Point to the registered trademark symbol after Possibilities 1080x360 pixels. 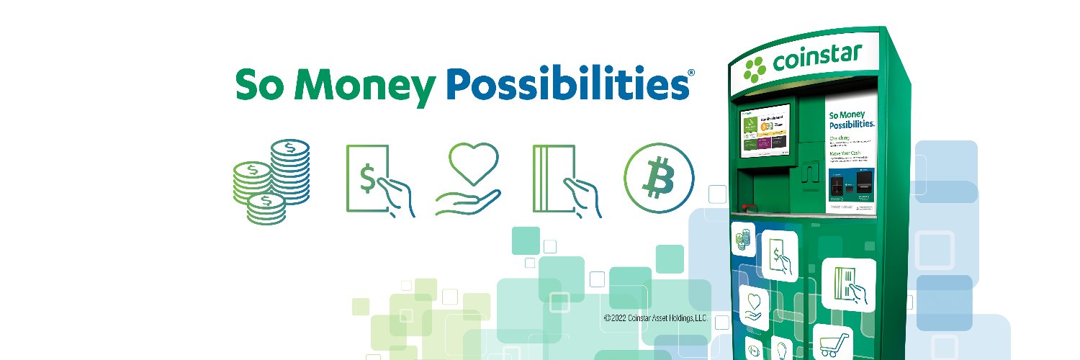(x=691, y=73)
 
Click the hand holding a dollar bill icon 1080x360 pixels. (x=379, y=180)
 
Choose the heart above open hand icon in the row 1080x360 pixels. (x=467, y=179)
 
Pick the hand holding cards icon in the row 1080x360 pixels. (x=567, y=179)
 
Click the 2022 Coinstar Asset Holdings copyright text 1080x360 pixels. (x=655, y=318)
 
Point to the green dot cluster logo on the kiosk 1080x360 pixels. (x=756, y=69)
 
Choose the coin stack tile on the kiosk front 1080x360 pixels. (x=742, y=238)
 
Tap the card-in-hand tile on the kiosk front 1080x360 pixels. (x=848, y=284)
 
